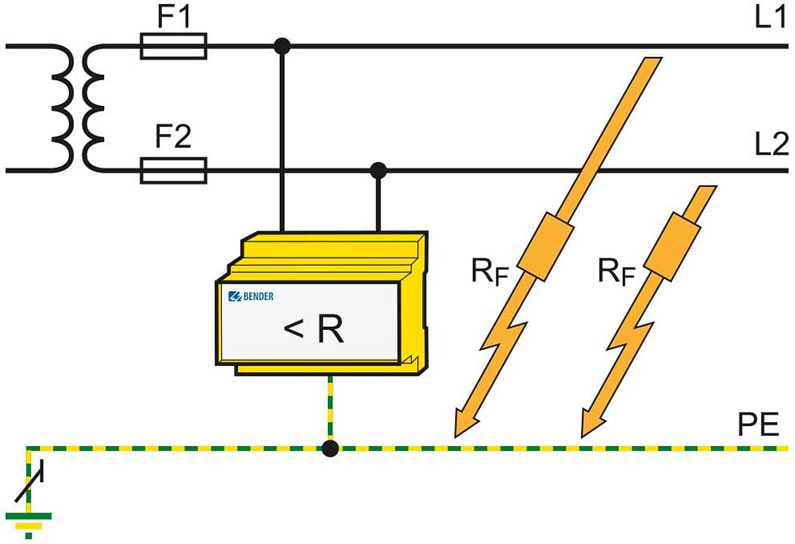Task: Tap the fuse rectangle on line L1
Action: tap(174, 46)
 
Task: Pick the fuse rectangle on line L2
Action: tap(174, 170)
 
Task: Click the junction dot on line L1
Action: tap(283, 46)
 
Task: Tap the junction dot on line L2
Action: tap(378, 170)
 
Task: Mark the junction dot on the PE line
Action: tap(330, 449)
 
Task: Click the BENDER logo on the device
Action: tap(251, 296)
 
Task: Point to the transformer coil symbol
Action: tap(78, 109)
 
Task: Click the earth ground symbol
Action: tap(28, 517)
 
